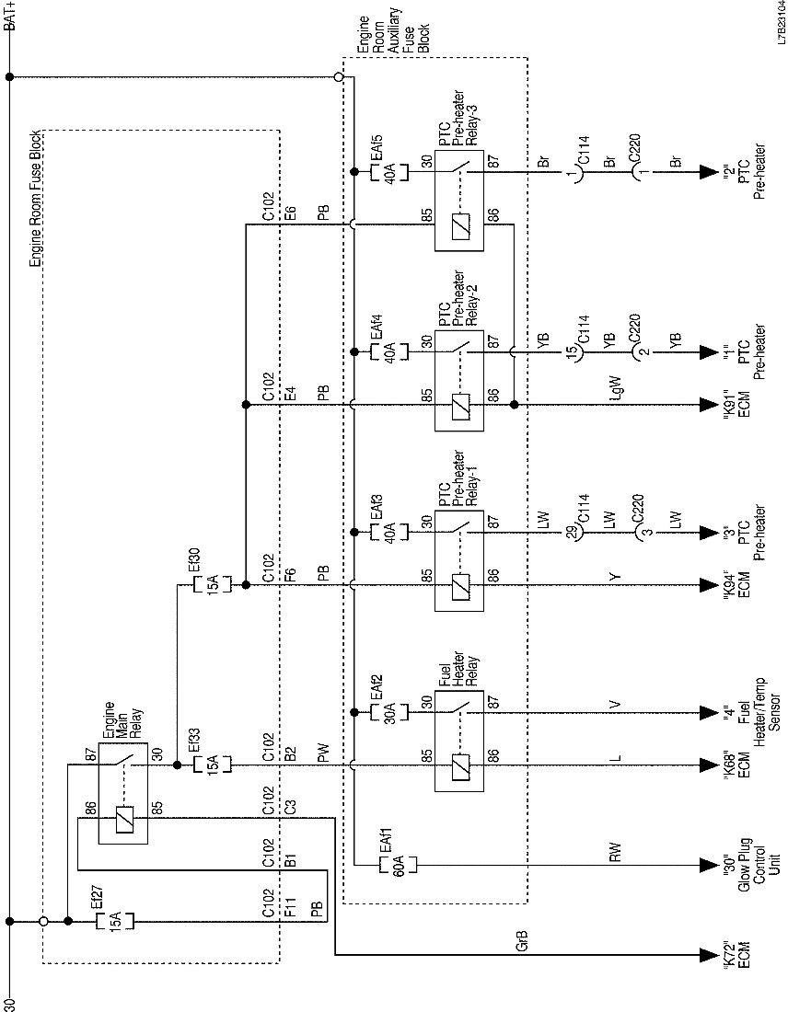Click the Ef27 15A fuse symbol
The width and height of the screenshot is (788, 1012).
(x=116, y=920)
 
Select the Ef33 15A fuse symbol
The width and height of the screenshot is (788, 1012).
(x=212, y=765)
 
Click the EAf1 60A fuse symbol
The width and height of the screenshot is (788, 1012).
(x=399, y=865)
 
